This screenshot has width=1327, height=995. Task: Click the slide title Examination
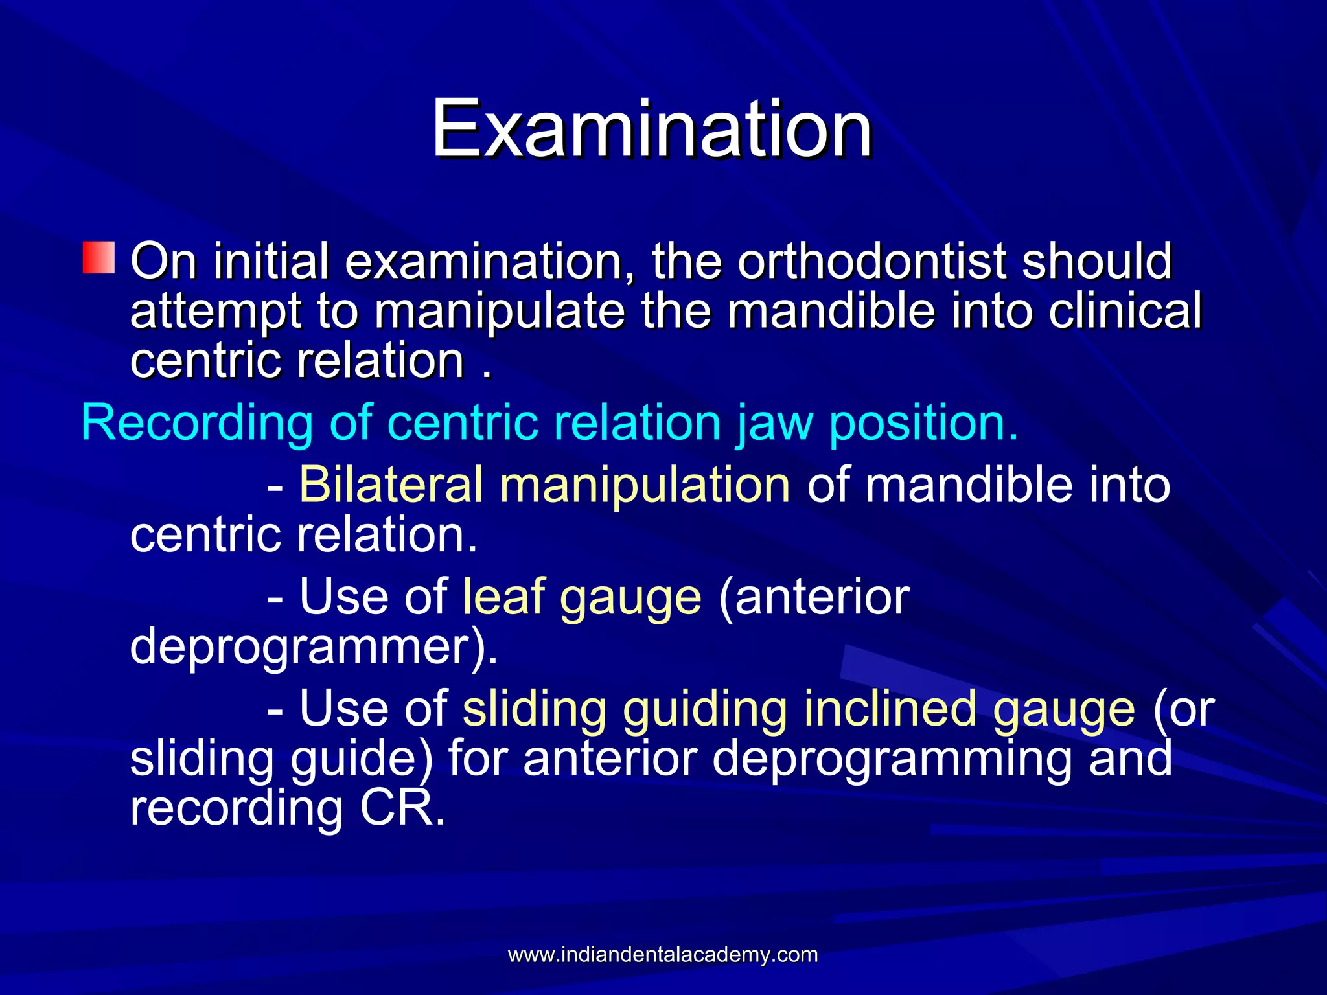click(x=652, y=129)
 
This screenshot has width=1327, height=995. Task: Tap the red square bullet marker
click(x=98, y=258)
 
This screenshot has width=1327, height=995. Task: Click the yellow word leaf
click(x=502, y=597)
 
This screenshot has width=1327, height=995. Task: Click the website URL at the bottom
click(x=662, y=955)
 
